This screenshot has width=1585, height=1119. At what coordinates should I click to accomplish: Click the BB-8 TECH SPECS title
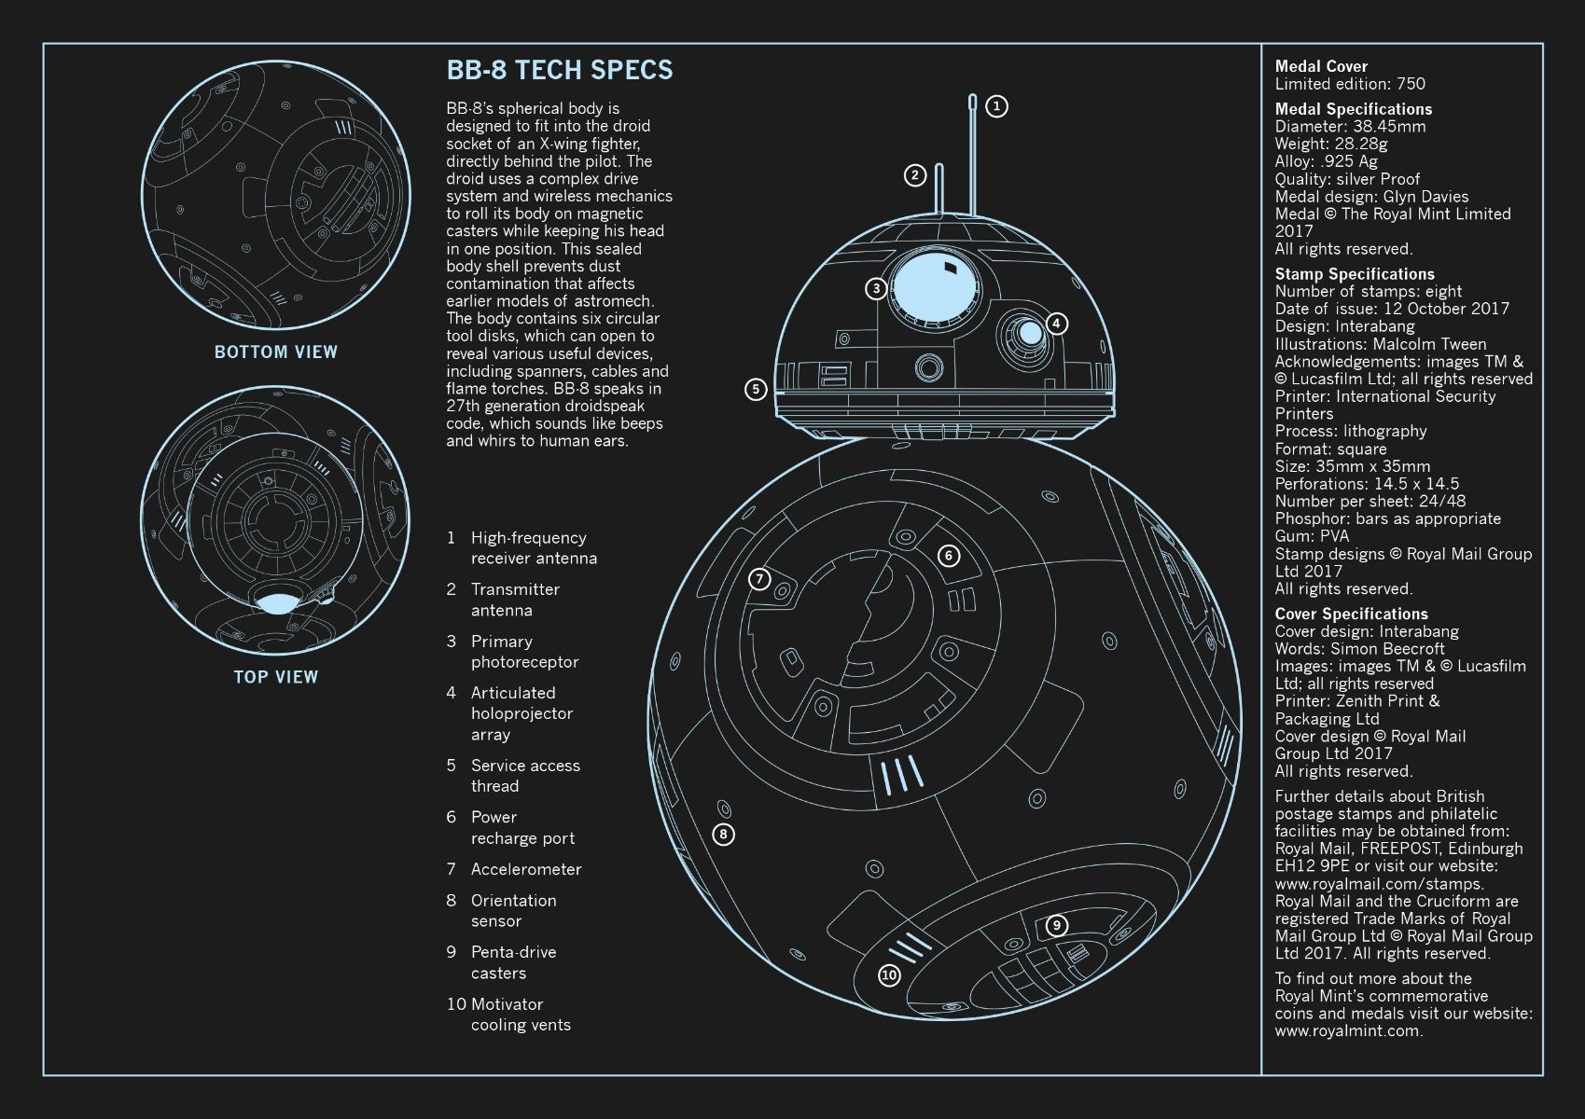tap(560, 70)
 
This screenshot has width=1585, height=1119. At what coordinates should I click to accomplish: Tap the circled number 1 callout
tap(996, 106)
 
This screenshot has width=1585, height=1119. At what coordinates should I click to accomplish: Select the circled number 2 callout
tap(915, 175)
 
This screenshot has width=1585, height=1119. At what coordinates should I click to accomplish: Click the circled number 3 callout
tap(876, 288)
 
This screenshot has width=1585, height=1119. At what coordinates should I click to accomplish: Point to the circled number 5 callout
tap(756, 389)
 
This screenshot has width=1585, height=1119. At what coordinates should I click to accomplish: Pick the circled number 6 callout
tap(949, 555)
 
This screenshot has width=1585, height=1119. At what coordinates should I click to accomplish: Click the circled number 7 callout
tap(759, 579)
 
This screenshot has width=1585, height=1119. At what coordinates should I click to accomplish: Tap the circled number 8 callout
tap(723, 835)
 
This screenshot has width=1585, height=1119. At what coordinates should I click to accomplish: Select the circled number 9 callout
tap(1056, 925)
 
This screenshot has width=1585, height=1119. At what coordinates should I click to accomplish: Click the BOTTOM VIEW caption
tap(276, 352)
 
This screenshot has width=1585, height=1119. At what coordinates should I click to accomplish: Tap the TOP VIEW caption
tap(276, 677)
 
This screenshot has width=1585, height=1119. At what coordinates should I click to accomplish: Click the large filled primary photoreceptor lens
tap(936, 288)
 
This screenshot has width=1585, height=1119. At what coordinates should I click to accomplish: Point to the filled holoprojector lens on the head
tap(1031, 333)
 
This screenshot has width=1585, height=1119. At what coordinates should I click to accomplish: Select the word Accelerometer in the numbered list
tap(526, 869)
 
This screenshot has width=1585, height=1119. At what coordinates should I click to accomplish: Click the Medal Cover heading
tap(1321, 66)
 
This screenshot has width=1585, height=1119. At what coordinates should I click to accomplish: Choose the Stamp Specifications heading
tap(1355, 274)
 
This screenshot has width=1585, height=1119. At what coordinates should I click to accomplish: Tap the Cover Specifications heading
tap(1352, 614)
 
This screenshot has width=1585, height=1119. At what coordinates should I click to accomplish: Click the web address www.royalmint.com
tap(1349, 1030)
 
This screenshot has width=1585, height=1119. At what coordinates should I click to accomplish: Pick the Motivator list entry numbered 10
tap(508, 1015)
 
